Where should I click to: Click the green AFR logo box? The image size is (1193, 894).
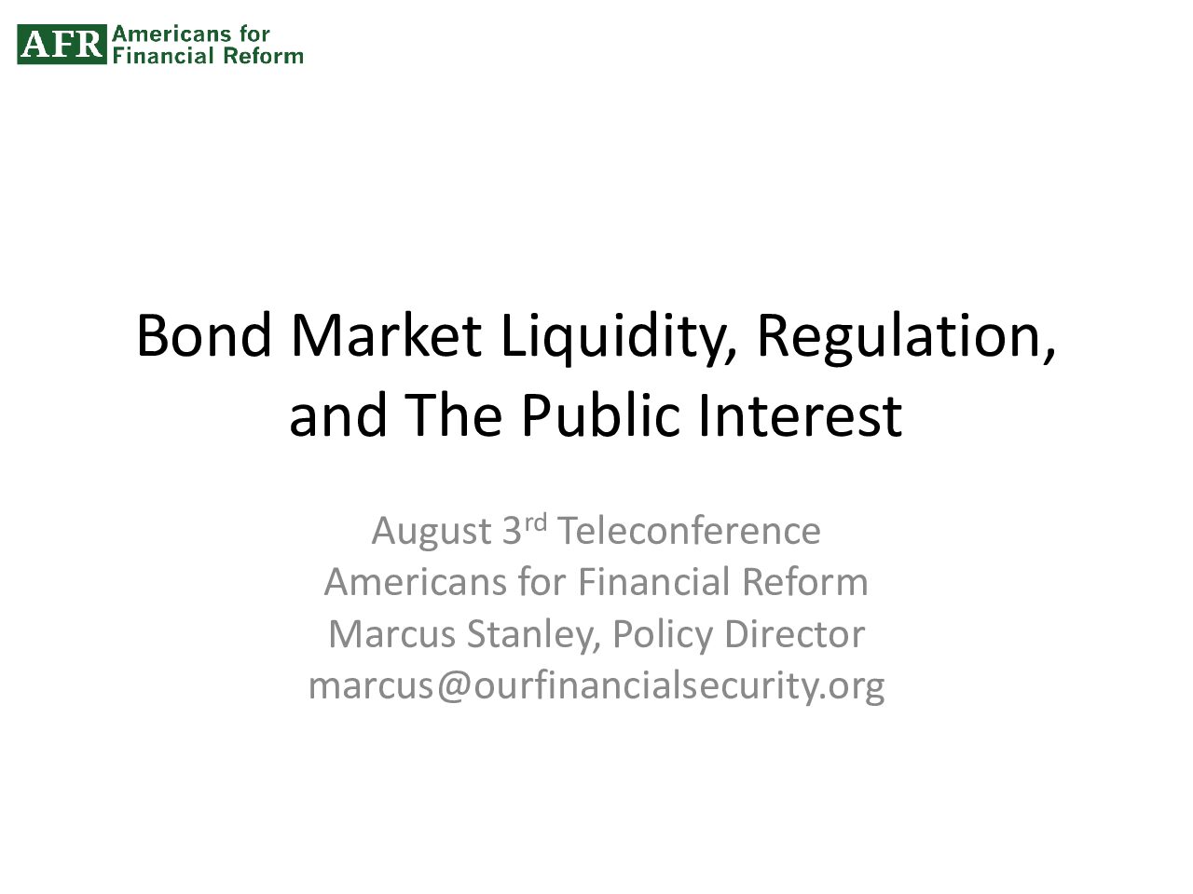(62, 44)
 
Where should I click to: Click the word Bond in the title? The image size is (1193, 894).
(204, 335)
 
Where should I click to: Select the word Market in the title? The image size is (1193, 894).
(387, 335)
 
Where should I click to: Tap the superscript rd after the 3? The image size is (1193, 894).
(535, 522)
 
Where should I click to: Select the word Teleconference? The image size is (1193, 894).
(689, 530)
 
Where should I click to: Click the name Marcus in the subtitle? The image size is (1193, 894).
(391, 634)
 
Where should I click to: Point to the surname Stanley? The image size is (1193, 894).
(534, 636)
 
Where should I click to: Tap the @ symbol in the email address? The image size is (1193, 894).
(454, 686)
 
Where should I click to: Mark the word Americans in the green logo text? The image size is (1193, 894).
(171, 34)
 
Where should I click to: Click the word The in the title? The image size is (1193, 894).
(453, 414)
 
